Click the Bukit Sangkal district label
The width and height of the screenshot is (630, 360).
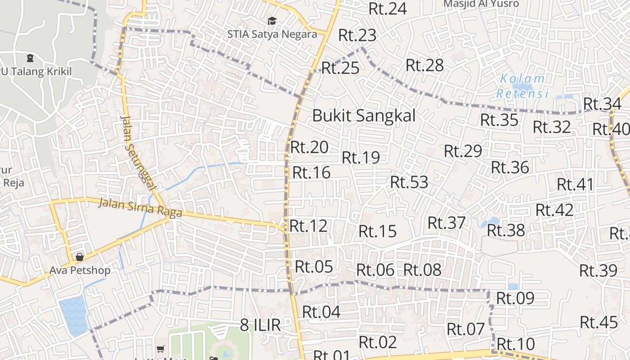click(364, 116)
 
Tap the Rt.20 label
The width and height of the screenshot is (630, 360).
click(309, 147)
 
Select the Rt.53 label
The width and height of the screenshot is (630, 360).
click(409, 182)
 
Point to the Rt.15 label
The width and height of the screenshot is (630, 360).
click(378, 231)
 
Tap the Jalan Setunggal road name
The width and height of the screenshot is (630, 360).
click(138, 153)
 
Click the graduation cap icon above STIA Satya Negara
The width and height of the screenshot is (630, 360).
click(272, 21)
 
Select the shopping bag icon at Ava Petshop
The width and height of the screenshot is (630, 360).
click(80, 257)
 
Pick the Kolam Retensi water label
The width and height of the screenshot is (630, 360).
click(522, 86)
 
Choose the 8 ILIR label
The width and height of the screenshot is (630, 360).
click(260, 325)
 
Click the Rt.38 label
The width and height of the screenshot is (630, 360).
click(506, 230)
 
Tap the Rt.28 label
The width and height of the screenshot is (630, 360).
click(424, 65)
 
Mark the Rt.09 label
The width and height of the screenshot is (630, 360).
click(515, 298)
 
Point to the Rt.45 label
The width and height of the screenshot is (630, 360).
click(599, 322)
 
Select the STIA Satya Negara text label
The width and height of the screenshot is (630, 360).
click(272, 34)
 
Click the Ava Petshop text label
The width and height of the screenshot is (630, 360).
click(80, 270)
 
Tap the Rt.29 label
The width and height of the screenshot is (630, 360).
click(463, 151)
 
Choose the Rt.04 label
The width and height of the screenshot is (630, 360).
click(321, 311)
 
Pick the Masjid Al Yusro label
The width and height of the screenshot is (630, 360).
click(481, 4)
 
